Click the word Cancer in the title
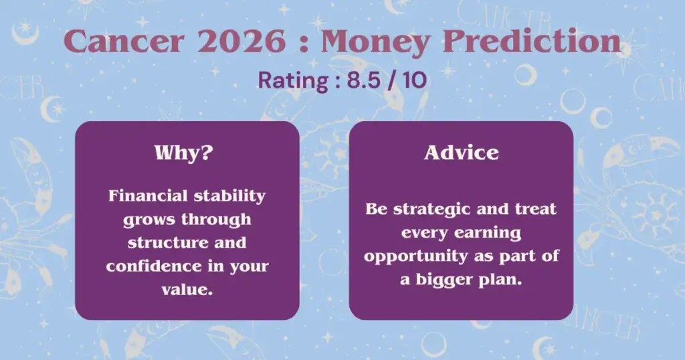tap(124, 41)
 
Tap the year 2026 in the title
tap(241, 41)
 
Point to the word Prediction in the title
tap(532, 41)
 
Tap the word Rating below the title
tap(293, 81)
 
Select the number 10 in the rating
tap(415, 80)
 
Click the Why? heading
tap(184, 153)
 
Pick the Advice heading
tap(462, 153)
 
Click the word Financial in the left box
tap(148, 195)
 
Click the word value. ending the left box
tap(187, 290)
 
